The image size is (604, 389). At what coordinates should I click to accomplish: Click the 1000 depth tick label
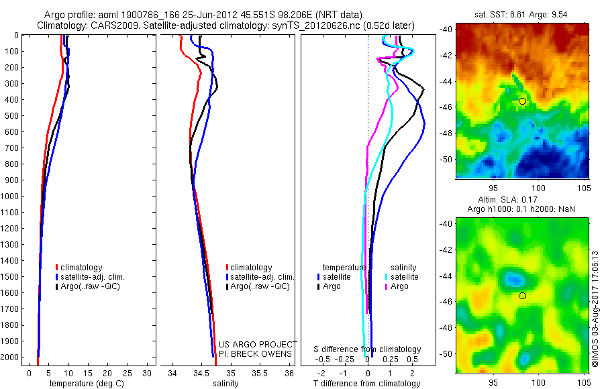10,197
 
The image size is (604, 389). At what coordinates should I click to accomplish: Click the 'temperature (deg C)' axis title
85,384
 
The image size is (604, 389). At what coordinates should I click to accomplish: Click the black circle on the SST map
522,101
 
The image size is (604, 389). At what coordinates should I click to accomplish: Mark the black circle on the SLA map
522,295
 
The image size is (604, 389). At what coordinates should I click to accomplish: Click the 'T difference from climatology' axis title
368,384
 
